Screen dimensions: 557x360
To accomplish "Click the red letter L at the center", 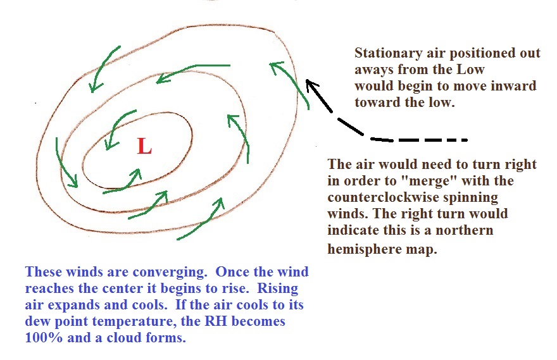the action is pyautogui.click(x=144, y=146).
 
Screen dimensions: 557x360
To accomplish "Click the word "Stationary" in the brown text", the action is pyautogui.click(x=389, y=53).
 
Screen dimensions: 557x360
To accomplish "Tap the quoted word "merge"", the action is pyautogui.click(x=428, y=181).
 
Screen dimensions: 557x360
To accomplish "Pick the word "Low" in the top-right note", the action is pyautogui.click(x=470, y=69).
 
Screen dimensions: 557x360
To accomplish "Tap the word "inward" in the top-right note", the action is pyautogui.click(x=513, y=86).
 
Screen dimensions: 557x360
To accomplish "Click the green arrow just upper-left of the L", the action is pyautogui.click(x=120, y=129).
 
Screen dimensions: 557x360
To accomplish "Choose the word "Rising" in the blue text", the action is pyautogui.click(x=277, y=289).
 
